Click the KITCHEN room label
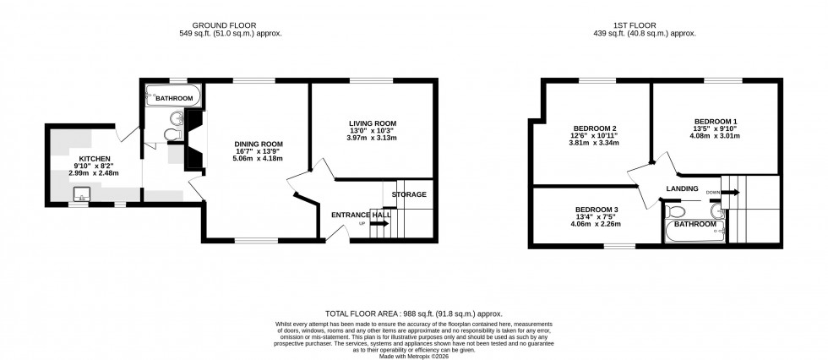95,158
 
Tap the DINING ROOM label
259,144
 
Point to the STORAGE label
409,194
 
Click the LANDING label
682,188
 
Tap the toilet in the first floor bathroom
675,210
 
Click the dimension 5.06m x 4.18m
259,158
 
